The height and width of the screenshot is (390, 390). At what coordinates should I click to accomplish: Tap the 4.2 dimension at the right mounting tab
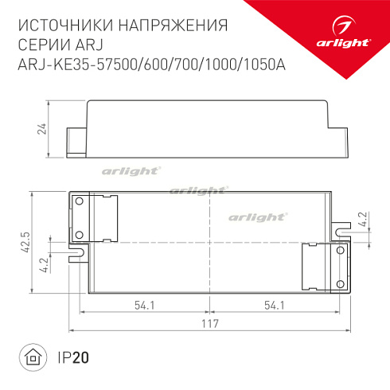click(x=363, y=219)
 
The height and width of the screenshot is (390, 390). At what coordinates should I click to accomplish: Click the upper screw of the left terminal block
click(x=79, y=202)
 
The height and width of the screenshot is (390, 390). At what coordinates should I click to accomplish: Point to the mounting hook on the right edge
click(x=343, y=230)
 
